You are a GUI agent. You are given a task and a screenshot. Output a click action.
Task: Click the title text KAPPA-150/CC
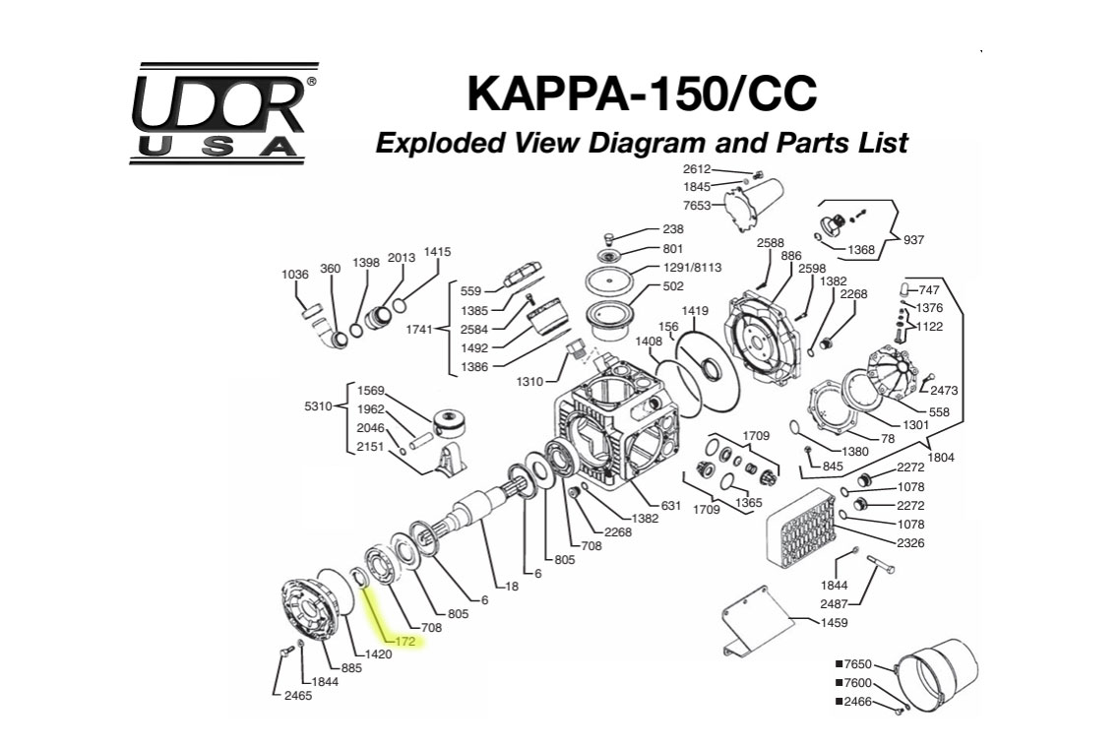coord(642,93)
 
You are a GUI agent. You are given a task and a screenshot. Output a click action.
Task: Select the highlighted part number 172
coord(406,642)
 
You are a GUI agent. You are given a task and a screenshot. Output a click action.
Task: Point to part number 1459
coord(834,622)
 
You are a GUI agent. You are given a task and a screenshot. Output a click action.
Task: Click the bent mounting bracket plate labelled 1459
coord(759,620)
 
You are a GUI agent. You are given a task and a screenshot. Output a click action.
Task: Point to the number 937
coord(913,239)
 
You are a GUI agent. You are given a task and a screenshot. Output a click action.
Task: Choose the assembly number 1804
coord(941,458)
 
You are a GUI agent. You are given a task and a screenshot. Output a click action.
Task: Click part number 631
coord(670,506)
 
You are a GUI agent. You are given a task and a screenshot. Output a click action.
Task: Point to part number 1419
coord(695,311)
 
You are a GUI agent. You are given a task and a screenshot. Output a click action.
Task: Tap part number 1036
coord(295,275)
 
